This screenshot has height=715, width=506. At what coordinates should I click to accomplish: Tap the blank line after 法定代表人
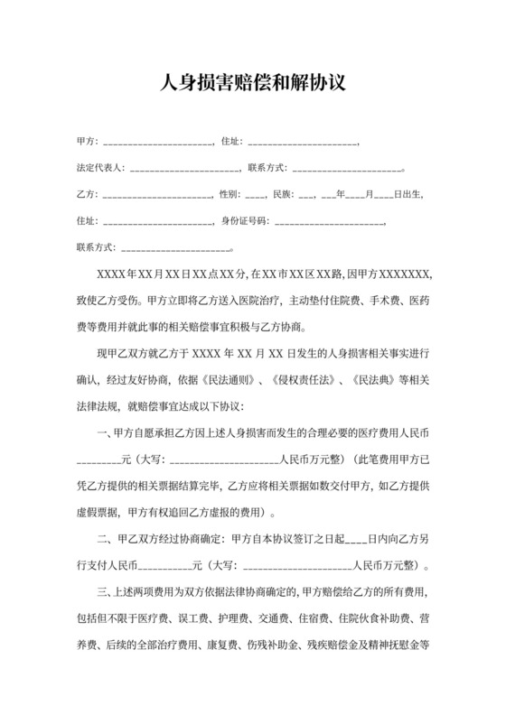(184, 169)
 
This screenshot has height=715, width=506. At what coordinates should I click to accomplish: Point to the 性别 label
(230, 194)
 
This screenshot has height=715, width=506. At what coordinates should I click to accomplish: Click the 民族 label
(281, 194)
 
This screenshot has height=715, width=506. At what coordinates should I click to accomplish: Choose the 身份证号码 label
(245, 220)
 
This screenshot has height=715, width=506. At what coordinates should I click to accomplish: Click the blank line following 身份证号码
(329, 221)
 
